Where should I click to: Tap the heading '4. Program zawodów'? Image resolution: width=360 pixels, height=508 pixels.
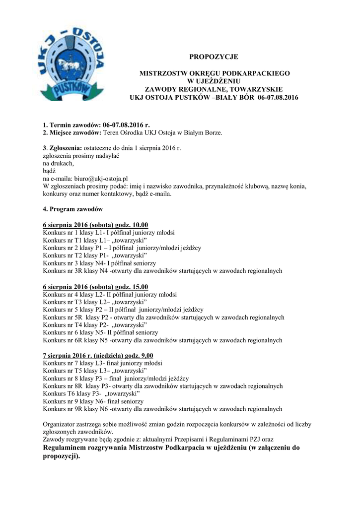point(72,209)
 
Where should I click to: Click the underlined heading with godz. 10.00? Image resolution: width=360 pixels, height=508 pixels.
point(95,225)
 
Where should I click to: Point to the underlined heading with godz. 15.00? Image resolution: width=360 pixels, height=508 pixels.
point(95,286)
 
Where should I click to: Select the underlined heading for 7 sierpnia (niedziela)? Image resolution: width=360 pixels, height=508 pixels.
point(98,355)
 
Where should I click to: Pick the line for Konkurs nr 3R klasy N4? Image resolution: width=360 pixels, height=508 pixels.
point(162,271)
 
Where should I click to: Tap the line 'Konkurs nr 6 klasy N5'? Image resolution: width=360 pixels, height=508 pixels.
point(100,332)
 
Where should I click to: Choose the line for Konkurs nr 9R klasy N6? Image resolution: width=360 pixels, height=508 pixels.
point(162,409)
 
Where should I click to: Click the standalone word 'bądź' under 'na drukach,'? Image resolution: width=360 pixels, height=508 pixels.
point(50,170)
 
